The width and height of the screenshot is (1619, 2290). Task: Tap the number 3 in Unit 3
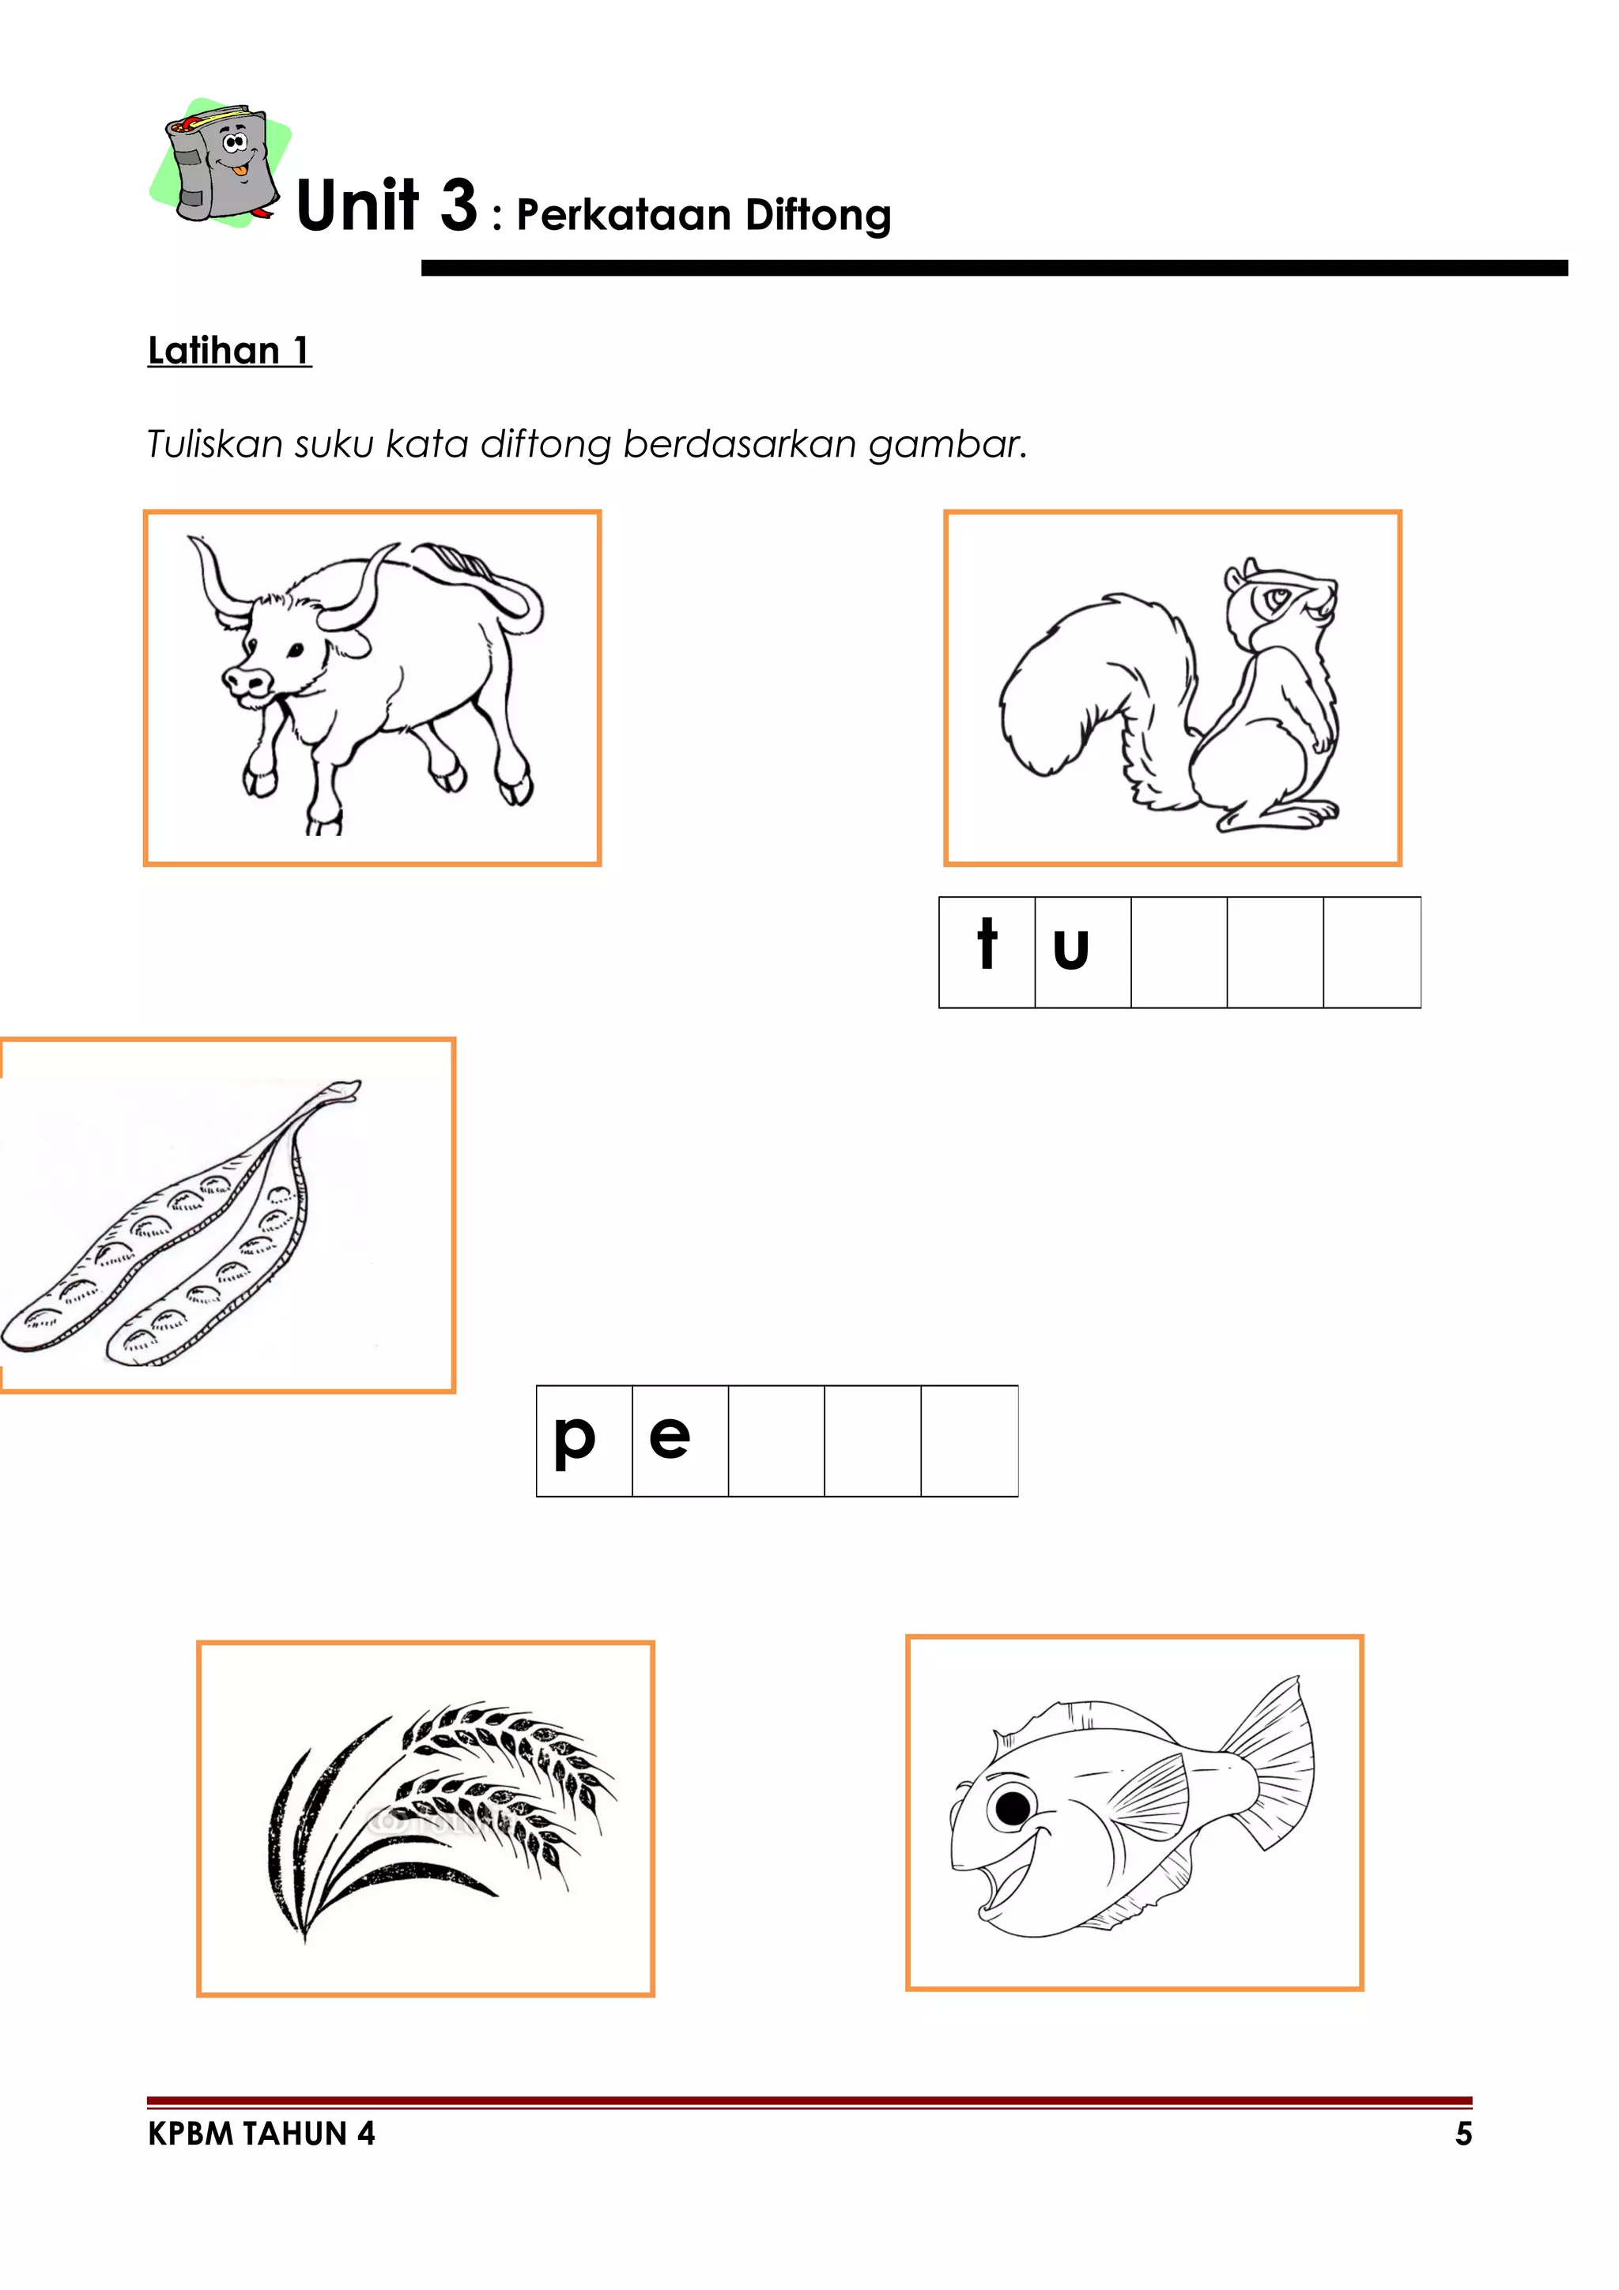[x=459, y=205]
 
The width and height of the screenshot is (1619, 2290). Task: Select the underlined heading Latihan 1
[x=229, y=351]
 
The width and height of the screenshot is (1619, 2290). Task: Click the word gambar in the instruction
[x=945, y=445]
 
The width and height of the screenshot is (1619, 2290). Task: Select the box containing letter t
[x=987, y=951]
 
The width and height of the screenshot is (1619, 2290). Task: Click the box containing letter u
[x=1082, y=951]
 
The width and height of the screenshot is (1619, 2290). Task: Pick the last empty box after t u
[x=1372, y=951]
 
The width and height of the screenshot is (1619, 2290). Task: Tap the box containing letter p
[x=583, y=1441]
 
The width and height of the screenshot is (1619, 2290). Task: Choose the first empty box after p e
[x=776, y=1441]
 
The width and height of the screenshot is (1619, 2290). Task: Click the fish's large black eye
[x=1013, y=1806]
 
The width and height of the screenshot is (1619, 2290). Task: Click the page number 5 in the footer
[x=1462, y=2134]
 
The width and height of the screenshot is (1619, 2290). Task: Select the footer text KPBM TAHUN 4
[x=262, y=2134]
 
